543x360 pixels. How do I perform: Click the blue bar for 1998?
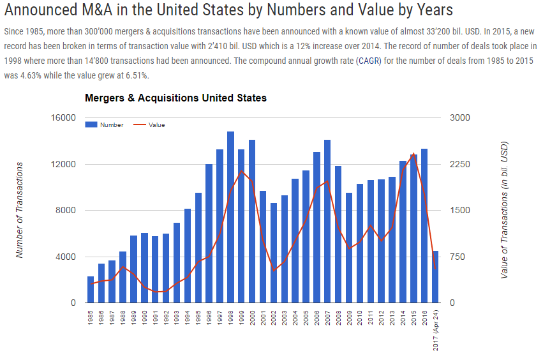pos(230,217)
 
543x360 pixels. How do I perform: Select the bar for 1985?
pos(91,290)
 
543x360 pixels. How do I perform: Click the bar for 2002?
pos(274,253)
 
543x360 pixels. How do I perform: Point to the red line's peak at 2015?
pos(413,154)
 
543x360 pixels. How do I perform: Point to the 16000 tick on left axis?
pos(64,118)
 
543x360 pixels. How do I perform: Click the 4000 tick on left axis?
pos(66,257)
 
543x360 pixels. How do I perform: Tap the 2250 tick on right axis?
pos(459,164)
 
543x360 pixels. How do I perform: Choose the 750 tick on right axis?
pos(457,257)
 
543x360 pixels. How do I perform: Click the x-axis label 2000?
pos(252,317)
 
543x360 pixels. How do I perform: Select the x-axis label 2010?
pos(360,317)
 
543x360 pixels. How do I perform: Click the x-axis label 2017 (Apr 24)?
pos(435,329)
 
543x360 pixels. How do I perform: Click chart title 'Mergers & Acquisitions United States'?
pos(175,98)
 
